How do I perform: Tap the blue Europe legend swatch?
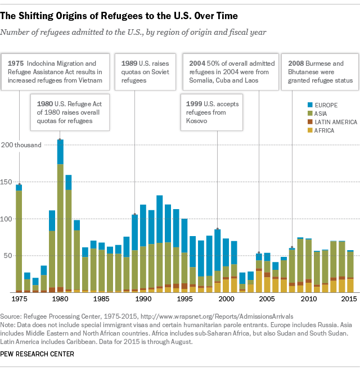coord(294,105)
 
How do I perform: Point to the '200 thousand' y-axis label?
coord(22,145)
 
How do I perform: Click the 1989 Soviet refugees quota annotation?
coord(143,72)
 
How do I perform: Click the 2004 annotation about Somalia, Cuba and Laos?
coord(233,72)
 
